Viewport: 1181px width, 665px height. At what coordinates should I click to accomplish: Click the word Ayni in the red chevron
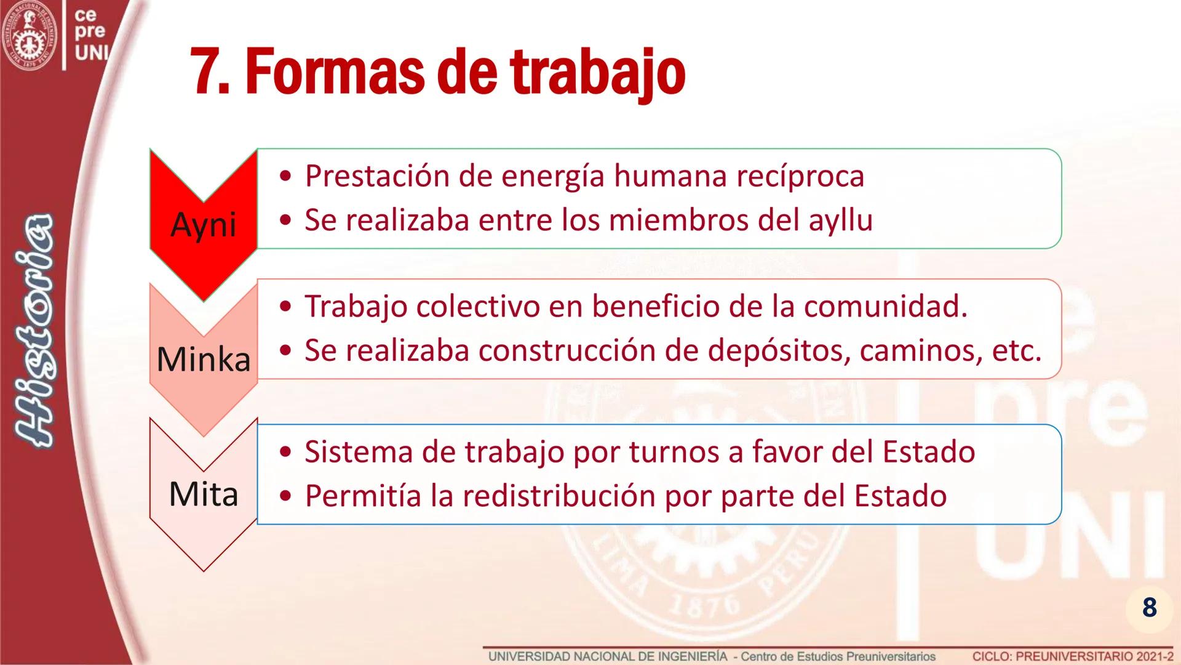203,224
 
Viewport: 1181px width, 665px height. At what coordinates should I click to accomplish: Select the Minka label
204,359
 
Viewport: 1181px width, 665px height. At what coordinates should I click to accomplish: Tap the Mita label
203,494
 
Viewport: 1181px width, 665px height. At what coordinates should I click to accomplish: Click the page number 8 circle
1149,607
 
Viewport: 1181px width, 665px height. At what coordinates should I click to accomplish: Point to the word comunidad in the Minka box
885,307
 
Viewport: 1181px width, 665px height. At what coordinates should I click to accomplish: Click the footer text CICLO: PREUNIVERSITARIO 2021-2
1073,656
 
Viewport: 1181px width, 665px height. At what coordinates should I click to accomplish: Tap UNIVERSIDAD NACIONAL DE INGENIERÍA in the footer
608,656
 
